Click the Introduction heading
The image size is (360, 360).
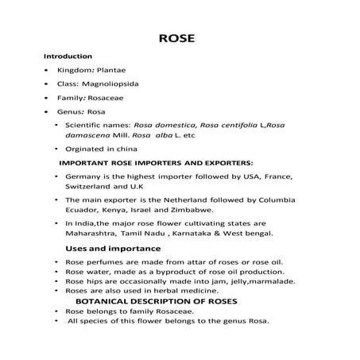(x=68, y=56)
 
